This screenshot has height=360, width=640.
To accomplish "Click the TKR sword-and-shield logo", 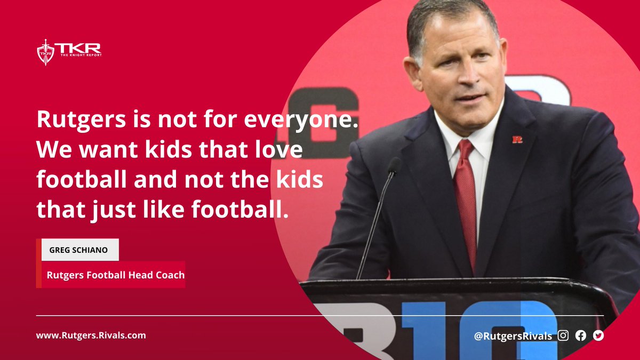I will pyautogui.click(x=45, y=52).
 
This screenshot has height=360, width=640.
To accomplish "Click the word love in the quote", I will pyautogui.click(x=278, y=150).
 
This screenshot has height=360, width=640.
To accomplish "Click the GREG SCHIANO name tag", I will pyautogui.click(x=80, y=250).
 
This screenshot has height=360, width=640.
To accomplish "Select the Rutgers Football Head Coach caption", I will pyautogui.click(x=115, y=275).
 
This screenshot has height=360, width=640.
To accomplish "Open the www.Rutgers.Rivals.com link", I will pyautogui.click(x=91, y=335).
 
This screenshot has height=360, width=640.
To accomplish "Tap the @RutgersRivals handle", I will pyautogui.click(x=513, y=336).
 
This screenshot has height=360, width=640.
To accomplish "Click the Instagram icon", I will pyautogui.click(x=563, y=335).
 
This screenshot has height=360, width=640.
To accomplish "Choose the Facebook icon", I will pyautogui.click(x=581, y=335).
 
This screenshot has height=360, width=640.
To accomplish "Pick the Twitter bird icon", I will pyautogui.click(x=598, y=335).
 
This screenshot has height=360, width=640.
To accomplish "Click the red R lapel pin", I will pyautogui.click(x=517, y=139).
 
